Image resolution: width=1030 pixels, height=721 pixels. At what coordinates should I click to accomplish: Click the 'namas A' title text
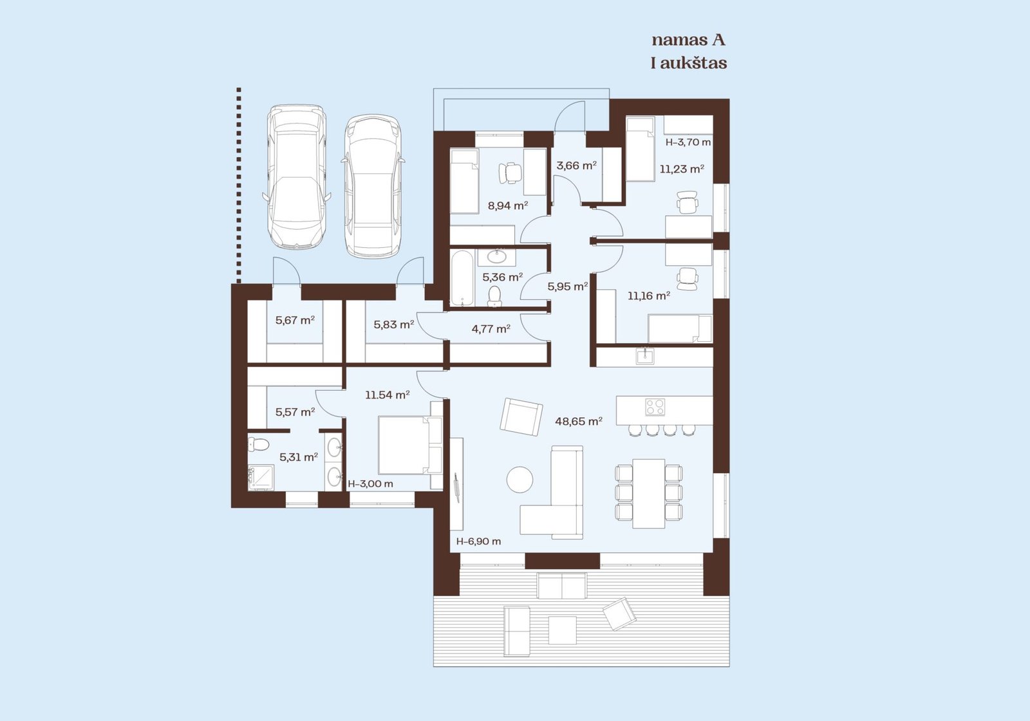688,41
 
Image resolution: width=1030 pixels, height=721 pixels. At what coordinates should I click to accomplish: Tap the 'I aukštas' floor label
689,63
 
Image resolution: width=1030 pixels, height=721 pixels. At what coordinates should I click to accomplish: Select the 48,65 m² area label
579,421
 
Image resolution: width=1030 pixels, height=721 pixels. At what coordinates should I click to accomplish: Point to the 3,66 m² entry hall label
576,165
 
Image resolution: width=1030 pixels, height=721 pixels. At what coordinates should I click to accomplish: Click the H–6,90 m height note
478,541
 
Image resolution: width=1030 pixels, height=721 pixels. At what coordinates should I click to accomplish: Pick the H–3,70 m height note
688,142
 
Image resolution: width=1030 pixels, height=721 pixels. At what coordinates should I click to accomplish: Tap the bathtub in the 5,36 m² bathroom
461,277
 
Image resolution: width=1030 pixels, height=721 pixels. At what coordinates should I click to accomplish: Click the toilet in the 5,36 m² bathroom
494,295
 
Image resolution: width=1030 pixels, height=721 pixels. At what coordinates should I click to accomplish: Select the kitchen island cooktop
655,407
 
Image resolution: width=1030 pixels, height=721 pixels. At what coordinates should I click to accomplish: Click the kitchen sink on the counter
644,356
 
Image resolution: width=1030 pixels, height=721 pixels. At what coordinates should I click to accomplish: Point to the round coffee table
520,480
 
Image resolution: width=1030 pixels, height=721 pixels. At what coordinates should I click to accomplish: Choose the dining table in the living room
648,493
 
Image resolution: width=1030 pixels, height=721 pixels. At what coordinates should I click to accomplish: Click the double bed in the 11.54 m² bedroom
409,445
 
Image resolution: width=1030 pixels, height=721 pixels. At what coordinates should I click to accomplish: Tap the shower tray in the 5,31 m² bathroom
261,478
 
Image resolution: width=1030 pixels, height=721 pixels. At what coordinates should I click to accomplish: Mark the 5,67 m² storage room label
295,319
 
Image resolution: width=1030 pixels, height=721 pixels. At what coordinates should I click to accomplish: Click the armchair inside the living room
521,417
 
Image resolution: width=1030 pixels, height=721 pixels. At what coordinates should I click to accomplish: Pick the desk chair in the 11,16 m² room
687,279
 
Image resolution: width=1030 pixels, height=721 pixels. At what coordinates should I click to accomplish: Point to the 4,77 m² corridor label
491,329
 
